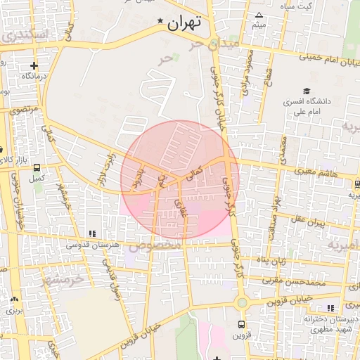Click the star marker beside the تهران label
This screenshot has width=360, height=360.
pyautogui.click(x=161, y=22)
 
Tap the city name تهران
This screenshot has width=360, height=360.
pyautogui.click(x=185, y=22)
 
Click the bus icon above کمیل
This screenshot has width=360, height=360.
pyautogui.click(x=36, y=168)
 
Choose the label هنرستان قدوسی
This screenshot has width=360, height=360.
pyautogui.click(x=91, y=245)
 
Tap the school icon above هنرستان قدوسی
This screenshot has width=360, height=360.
pyautogui.click(x=92, y=233)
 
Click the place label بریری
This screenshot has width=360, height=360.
pyautogui.click(x=15, y=309)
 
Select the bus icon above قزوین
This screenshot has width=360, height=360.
pyautogui.click(x=241, y=325)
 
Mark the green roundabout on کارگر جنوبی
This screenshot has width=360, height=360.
pyautogui.click(x=242, y=302)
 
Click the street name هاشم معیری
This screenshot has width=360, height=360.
pyautogui.click(x=316, y=172)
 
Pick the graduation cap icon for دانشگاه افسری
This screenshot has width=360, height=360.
pyautogui.click(x=306, y=91)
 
